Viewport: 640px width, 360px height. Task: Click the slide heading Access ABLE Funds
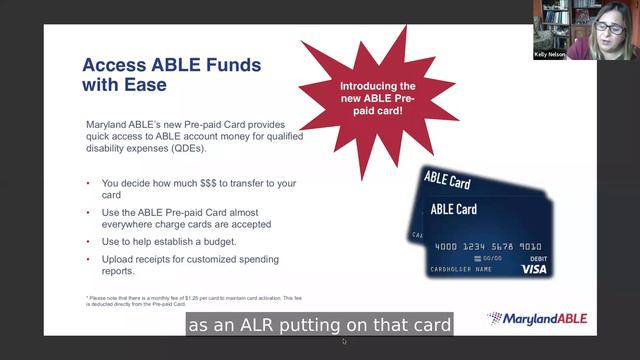click(x=171, y=66)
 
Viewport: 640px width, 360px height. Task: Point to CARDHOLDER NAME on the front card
click(x=460, y=269)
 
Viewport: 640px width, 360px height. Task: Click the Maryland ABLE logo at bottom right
click(x=537, y=319)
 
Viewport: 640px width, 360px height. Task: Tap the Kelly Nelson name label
click(x=550, y=55)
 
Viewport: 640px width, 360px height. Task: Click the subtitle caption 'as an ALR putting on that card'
click(x=320, y=325)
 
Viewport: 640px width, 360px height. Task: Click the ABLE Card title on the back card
click(x=446, y=180)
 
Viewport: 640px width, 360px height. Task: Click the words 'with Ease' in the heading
click(x=124, y=88)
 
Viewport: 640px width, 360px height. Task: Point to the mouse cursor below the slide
click(x=343, y=342)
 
